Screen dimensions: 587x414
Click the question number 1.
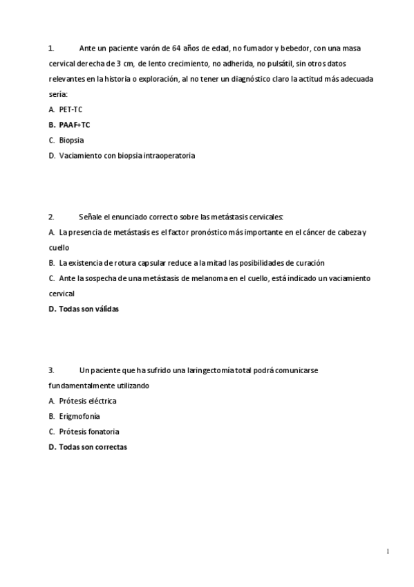pyautogui.click(x=51, y=48)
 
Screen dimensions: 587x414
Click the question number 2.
pyautogui.click(x=52, y=217)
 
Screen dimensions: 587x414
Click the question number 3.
pyautogui.click(x=52, y=370)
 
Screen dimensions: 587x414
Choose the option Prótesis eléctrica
pyautogui.click(x=88, y=401)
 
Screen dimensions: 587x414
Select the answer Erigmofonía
pyautogui.click(x=79, y=416)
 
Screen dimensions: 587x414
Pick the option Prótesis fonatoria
pyautogui.click(x=88, y=431)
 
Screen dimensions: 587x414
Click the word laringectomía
pyautogui.click(x=210, y=370)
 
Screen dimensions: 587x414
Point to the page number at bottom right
pyautogui.click(x=388, y=551)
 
